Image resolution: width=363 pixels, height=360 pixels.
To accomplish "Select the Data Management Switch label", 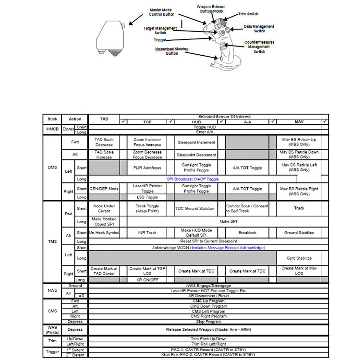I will coord(259,29).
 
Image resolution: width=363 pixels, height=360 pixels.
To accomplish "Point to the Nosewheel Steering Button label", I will coord(171,51).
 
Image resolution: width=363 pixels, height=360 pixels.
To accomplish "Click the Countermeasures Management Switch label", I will coord(259,47).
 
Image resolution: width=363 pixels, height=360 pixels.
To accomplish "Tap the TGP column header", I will coord(147,121).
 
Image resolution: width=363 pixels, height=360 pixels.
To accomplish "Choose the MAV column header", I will coord(300,121).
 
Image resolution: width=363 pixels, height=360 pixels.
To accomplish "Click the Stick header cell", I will coord(52,119).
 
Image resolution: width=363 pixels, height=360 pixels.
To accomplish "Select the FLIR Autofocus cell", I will coord(147,168).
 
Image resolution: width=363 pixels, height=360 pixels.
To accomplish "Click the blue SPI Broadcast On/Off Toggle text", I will coord(193,179).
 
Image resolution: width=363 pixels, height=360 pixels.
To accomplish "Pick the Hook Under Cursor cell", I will coord(104,208).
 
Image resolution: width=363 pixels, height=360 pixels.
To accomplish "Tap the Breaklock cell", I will coord(247,233).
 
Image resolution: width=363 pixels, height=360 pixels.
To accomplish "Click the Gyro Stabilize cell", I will coord(300,258).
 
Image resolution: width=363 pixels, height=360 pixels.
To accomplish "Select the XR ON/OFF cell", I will coord(147,279).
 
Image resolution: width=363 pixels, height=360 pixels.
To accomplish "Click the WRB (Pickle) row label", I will coord(52,329).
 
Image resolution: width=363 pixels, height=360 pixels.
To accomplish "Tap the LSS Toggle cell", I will coord(147,197).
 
